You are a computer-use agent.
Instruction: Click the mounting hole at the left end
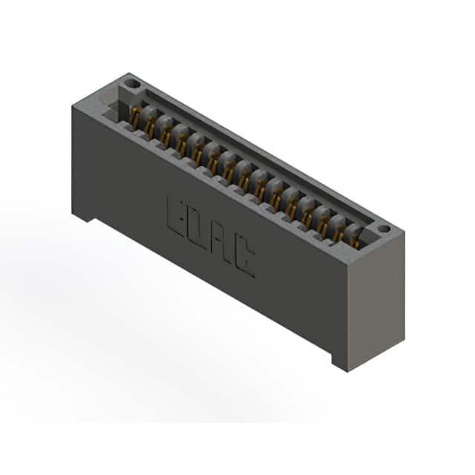click(133, 83)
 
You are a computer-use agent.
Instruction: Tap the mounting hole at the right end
click(384, 229)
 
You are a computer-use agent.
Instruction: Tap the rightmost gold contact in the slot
click(356, 243)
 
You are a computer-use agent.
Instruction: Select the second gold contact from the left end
click(150, 126)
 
